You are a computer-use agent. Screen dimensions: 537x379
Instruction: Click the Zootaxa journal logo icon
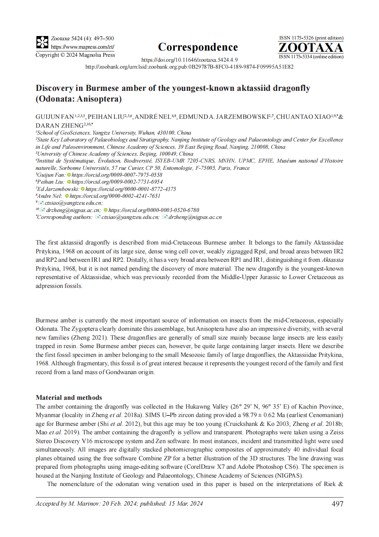(42, 42)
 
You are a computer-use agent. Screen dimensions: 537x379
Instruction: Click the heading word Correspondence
(198, 47)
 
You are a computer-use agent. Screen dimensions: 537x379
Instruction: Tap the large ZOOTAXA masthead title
(310, 48)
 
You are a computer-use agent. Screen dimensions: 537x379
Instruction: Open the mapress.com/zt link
(82, 47)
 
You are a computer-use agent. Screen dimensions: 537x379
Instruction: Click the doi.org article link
(189, 60)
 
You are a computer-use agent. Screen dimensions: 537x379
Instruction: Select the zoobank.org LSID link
(189, 67)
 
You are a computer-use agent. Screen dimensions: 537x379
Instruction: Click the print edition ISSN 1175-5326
(311, 38)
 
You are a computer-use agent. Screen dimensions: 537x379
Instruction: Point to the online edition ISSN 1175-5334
(311, 57)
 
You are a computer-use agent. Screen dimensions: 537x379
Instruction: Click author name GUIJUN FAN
(54, 117)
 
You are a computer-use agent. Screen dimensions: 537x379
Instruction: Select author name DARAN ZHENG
(59, 126)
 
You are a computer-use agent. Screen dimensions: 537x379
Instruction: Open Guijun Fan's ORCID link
(117, 175)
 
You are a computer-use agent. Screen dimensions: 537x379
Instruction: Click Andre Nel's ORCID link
(115, 196)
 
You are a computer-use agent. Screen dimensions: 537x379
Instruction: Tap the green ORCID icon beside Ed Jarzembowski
(82, 189)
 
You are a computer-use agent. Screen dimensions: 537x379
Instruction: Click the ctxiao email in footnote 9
(74, 203)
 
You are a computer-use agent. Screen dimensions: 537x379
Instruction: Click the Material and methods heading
(69, 397)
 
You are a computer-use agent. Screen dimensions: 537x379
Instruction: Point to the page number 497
(337, 504)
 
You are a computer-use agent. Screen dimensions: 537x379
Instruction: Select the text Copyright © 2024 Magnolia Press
(75, 55)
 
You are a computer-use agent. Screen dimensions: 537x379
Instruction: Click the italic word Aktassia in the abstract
(332, 260)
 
